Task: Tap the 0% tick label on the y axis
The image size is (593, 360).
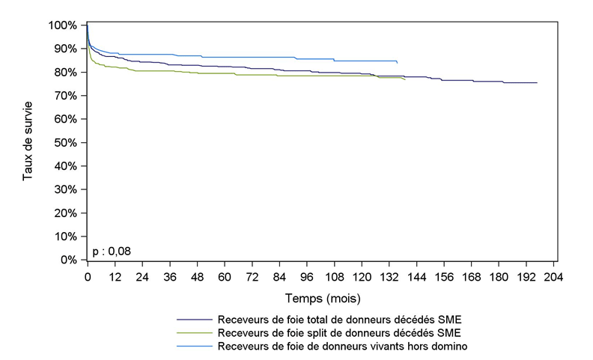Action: tap(69, 260)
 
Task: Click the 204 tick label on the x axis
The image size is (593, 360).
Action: tap(554, 277)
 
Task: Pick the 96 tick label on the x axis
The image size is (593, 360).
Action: tap(307, 277)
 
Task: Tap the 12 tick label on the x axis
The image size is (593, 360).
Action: tap(115, 277)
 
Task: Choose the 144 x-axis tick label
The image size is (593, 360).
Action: tap(417, 277)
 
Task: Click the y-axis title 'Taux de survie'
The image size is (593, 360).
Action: tap(28, 142)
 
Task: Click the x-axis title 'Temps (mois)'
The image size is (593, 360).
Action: tap(320, 298)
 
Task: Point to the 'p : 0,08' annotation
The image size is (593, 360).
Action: tap(112, 251)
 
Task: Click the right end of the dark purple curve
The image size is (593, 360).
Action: tap(537, 82)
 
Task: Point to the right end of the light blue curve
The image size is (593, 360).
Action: tap(397, 63)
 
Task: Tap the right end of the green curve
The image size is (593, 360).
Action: tap(405, 79)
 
